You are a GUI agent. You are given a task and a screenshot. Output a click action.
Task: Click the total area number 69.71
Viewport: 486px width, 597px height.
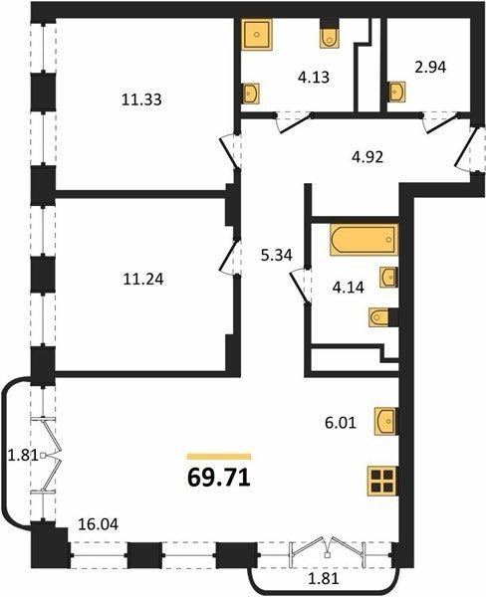click(219, 477)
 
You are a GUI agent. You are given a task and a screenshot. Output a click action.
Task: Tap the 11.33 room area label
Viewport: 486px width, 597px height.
click(141, 99)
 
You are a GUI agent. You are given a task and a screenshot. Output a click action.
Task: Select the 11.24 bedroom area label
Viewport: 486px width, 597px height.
click(143, 279)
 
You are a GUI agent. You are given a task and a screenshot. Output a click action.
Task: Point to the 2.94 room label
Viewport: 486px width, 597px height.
click(430, 68)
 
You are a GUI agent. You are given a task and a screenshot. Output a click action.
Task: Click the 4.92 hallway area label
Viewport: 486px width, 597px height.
click(367, 157)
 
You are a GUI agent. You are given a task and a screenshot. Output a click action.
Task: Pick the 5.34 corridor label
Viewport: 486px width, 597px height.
click(276, 255)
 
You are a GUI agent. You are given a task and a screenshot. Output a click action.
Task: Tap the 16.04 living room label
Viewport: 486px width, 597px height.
click(98, 524)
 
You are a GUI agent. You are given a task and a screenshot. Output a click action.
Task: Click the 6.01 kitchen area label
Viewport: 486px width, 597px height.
click(341, 423)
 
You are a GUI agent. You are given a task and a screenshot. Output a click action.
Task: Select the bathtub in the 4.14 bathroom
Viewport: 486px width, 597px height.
click(364, 240)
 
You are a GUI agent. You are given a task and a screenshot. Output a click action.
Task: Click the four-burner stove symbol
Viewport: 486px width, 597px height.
click(382, 482)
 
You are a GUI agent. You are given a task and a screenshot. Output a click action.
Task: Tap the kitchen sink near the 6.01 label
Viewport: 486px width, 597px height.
click(385, 421)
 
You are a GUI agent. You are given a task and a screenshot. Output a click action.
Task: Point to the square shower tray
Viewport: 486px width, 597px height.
click(257, 34)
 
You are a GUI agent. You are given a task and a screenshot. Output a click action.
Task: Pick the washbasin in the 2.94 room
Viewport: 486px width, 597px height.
click(396, 92)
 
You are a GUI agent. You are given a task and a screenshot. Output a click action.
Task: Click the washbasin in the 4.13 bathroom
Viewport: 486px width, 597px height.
click(251, 93)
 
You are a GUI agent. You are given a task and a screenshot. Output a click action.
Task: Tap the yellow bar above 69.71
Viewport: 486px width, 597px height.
click(219, 457)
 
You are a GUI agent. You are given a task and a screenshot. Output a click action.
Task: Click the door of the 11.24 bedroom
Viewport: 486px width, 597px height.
click(229, 257)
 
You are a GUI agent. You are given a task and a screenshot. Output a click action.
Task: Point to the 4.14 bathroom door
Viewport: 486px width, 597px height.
click(300, 286)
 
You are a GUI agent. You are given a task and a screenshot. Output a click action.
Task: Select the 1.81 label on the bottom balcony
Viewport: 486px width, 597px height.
click(323, 579)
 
